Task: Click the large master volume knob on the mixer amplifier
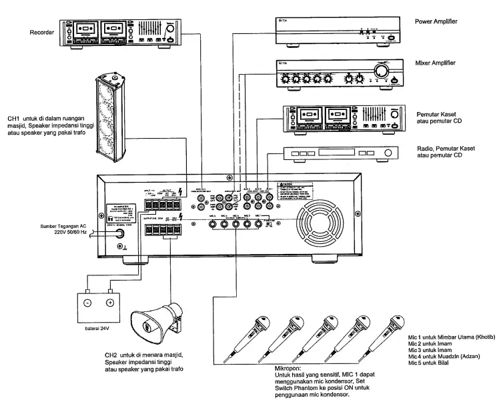[x=384, y=71]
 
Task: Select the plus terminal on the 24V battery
[x=110, y=302]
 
